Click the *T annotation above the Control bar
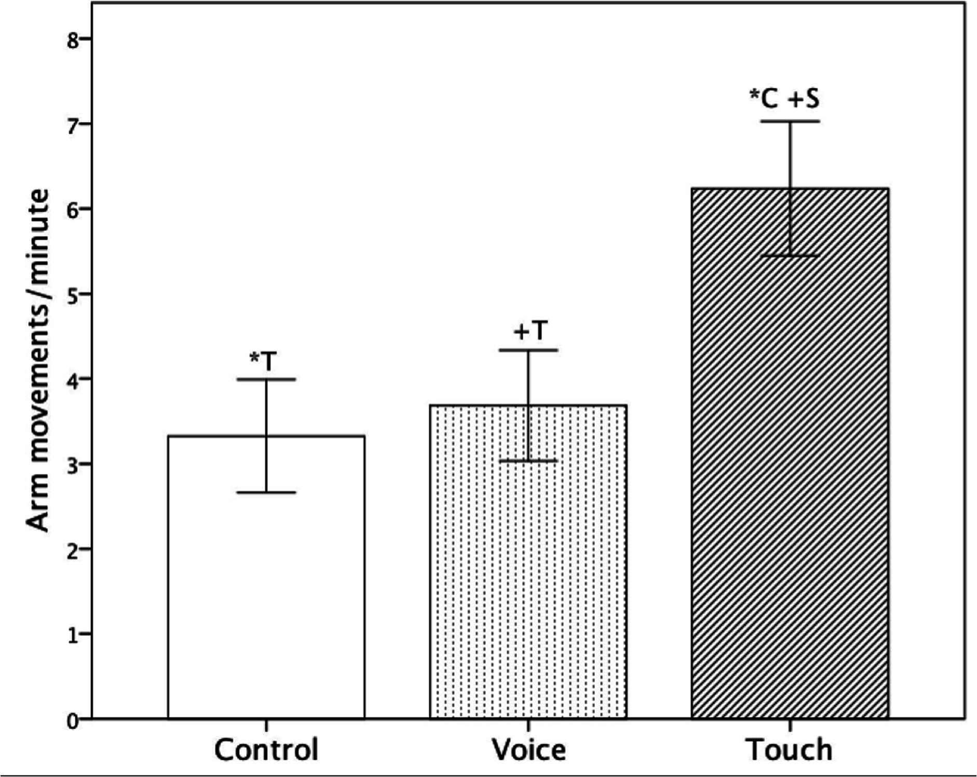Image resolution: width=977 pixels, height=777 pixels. point(263,361)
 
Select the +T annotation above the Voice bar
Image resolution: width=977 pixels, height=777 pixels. point(530,331)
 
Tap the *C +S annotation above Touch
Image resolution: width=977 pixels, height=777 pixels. point(784,99)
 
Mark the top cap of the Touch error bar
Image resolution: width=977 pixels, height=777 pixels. point(790,121)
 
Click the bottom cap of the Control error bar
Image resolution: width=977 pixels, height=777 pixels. point(266,492)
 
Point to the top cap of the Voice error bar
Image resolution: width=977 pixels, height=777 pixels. point(528,350)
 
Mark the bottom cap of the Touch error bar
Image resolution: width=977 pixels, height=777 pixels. point(790,256)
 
